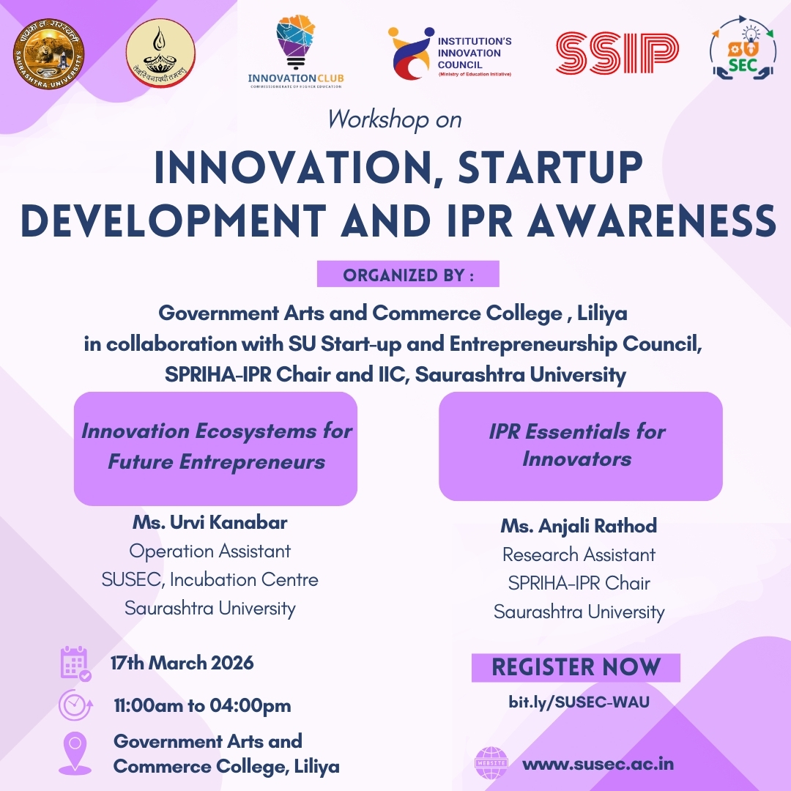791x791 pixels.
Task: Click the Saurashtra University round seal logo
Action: point(49,54)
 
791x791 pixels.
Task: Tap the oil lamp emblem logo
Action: point(160,53)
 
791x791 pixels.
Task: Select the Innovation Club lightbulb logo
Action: point(296,52)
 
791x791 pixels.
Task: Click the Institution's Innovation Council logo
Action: point(450,54)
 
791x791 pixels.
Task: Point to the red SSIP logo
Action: point(617,53)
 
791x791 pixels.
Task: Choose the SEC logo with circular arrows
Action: point(743,48)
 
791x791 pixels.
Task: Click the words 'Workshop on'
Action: point(395,120)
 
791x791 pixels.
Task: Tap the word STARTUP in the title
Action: point(550,167)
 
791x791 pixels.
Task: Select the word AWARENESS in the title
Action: point(651,220)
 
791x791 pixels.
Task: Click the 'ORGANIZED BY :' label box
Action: point(408,274)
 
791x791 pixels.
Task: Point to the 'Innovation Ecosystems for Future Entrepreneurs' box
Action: point(216,448)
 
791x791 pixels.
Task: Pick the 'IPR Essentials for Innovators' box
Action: point(581,447)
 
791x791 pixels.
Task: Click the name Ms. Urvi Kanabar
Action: point(210,523)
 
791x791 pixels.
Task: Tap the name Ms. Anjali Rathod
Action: point(579,526)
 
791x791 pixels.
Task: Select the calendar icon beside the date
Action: point(75,664)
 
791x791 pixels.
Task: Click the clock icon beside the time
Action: point(75,705)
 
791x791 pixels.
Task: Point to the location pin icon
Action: point(75,753)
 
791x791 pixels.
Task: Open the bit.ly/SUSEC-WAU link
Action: point(579,702)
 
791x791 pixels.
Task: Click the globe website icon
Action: point(491,763)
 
